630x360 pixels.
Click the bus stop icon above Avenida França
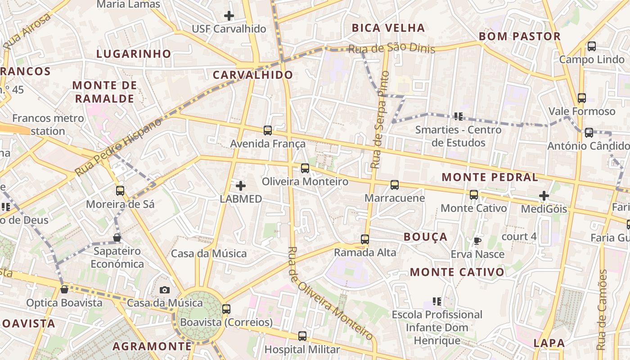268,130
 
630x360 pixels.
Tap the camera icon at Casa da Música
165,290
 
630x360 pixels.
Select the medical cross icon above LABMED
241,185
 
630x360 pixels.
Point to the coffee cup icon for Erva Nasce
477,241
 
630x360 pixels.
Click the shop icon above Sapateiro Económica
117,237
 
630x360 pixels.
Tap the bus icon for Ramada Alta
365,239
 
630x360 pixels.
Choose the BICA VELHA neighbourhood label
388,28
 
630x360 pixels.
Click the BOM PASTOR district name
519,36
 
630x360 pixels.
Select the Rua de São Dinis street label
392,48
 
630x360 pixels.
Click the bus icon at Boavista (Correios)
226,309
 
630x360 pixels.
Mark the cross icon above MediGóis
544,196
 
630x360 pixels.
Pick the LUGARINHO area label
134,54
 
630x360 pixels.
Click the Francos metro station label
48,125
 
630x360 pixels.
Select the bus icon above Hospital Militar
302,336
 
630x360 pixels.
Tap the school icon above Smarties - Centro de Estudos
458,117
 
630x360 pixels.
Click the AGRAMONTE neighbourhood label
152,346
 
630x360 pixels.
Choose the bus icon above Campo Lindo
592,46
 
